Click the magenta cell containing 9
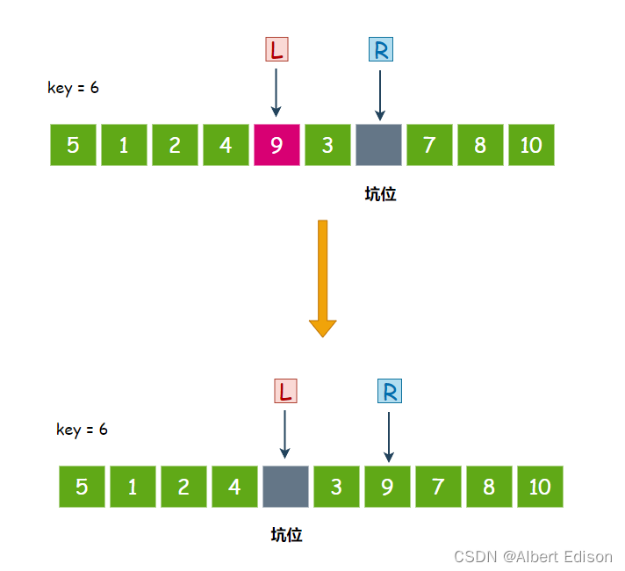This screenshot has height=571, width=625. (x=277, y=145)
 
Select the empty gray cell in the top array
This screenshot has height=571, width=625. (x=378, y=145)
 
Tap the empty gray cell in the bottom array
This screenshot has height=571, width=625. (x=285, y=486)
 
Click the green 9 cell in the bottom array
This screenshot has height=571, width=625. (x=387, y=486)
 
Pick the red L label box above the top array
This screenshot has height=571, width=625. (x=277, y=49)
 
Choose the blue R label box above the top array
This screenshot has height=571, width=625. (x=380, y=49)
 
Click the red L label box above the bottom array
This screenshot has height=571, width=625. (x=286, y=391)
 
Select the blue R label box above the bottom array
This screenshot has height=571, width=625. (x=389, y=391)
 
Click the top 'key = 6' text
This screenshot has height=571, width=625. (x=73, y=88)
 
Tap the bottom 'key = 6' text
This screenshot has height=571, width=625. (x=82, y=430)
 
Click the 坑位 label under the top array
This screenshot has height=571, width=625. (x=380, y=194)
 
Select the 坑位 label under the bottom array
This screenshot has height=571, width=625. (x=286, y=535)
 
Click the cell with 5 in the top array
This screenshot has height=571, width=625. (x=73, y=145)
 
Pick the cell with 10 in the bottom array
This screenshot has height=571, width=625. (x=540, y=486)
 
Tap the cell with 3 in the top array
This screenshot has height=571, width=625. (x=327, y=145)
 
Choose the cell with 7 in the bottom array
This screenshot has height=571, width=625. (x=438, y=486)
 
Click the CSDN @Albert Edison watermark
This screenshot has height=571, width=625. (x=533, y=556)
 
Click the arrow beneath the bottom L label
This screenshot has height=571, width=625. (x=285, y=434)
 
